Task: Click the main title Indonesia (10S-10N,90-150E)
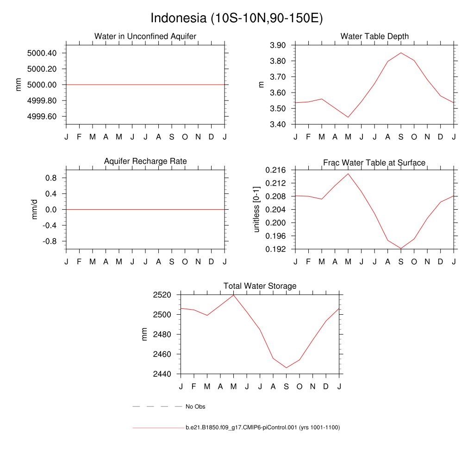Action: (x=237, y=19)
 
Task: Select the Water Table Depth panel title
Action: (x=374, y=36)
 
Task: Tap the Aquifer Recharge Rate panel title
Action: (x=145, y=161)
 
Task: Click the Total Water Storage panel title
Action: (x=260, y=286)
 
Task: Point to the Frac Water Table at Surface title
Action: (x=374, y=162)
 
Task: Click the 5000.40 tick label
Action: (x=42, y=53)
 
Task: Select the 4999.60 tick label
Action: (x=42, y=117)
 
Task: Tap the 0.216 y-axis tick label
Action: (x=275, y=170)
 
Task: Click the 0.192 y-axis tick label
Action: (x=275, y=249)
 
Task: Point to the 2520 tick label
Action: (x=162, y=295)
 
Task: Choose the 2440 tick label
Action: (x=162, y=374)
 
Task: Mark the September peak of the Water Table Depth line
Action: (x=401, y=53)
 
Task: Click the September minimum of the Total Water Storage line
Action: (x=287, y=368)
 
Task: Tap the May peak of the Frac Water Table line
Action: (x=348, y=174)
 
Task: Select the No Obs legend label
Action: (x=195, y=407)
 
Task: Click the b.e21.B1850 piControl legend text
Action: (x=262, y=428)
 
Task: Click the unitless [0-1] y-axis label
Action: (x=256, y=209)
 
